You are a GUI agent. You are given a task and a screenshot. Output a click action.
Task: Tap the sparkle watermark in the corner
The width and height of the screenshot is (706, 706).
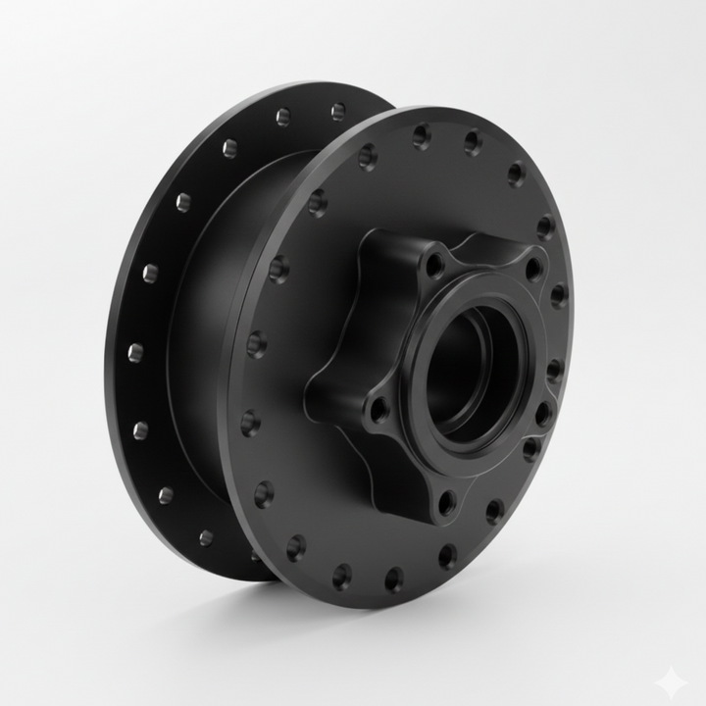[672, 676]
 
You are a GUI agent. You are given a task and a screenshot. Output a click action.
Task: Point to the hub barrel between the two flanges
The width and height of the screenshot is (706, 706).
[201, 324]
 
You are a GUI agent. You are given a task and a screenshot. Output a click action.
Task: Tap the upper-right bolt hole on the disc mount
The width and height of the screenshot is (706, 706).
[533, 268]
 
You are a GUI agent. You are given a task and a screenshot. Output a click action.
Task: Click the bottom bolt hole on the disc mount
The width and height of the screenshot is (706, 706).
[446, 502]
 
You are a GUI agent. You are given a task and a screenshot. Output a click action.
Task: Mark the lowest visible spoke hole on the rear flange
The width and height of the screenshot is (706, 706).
[206, 537]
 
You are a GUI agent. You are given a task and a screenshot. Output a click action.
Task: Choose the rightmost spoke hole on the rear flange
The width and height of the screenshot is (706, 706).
[338, 111]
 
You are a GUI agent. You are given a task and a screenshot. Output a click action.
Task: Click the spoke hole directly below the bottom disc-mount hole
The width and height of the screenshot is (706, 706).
[447, 557]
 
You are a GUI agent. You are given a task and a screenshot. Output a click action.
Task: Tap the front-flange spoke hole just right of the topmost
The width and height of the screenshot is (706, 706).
[472, 143]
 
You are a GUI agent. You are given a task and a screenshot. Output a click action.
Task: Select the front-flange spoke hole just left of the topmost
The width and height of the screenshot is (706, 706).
[369, 155]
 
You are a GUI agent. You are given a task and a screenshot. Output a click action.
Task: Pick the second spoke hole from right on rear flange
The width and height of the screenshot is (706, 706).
[283, 118]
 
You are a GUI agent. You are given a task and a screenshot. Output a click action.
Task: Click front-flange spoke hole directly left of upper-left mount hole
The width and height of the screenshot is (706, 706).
[318, 203]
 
